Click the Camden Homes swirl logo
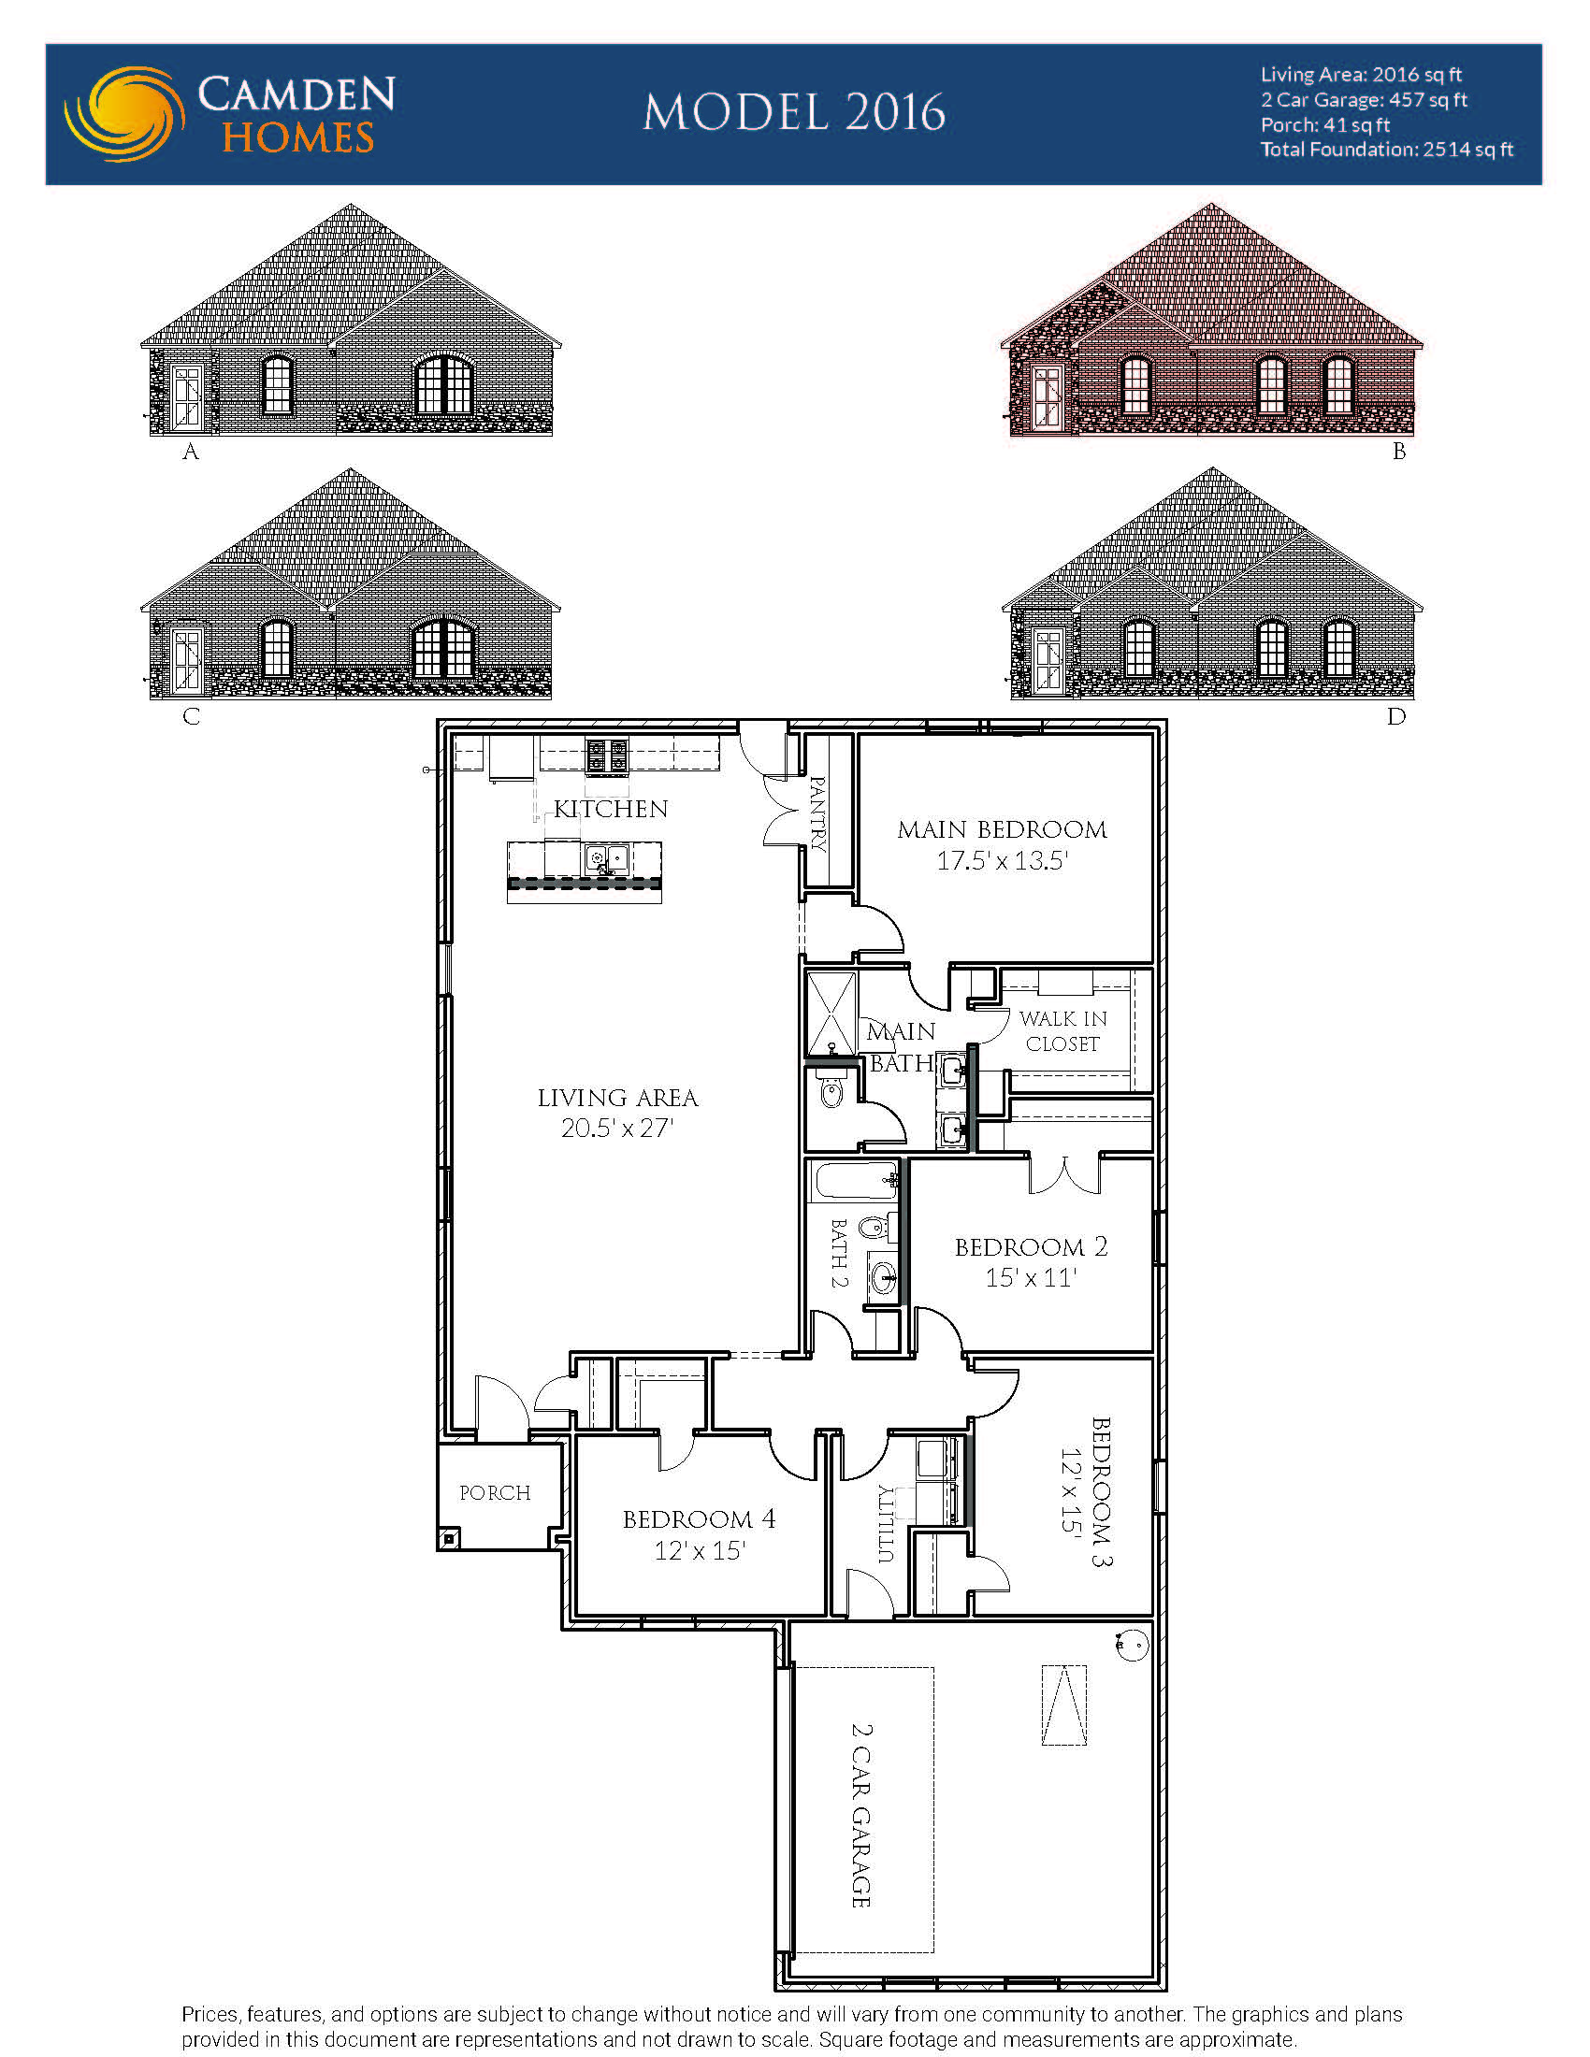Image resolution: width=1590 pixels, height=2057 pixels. [123, 113]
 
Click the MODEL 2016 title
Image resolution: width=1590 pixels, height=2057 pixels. [794, 113]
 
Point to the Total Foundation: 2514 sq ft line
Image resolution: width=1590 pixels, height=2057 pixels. [1386, 150]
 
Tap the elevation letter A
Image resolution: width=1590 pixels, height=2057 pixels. [190, 453]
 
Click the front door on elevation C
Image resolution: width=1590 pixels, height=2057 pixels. [187, 660]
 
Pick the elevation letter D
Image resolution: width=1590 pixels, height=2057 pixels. [1396, 717]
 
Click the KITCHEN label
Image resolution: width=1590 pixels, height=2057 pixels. [611, 809]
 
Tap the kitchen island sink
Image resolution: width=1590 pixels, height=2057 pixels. [607, 857]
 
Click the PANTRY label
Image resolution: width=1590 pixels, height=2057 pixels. [817, 813]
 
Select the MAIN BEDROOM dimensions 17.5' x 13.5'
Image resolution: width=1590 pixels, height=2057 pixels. [1002, 861]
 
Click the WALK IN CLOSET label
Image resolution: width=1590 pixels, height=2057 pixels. [1063, 1031]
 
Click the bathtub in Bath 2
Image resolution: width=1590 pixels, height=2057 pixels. [853, 1179]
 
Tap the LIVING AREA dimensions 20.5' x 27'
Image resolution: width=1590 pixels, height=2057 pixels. [617, 1128]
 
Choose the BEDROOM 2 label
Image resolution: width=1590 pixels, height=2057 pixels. [1031, 1247]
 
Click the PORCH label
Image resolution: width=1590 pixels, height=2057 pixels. [495, 1493]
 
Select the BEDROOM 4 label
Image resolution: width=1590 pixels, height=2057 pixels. [699, 1519]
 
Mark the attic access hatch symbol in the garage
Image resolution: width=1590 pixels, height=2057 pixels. [1063, 1705]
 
